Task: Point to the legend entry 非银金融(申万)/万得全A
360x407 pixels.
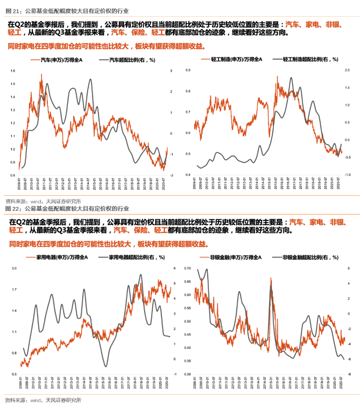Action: coord(236,258)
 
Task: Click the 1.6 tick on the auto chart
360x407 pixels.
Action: coord(12,71)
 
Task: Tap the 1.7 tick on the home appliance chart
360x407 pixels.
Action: coord(14,289)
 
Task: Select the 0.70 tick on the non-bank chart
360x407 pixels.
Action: coord(187,268)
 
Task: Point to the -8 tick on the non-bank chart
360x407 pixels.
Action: coord(350,374)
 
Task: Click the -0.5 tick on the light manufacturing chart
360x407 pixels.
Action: coord(349,158)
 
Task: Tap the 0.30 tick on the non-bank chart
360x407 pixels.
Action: coord(187,374)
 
